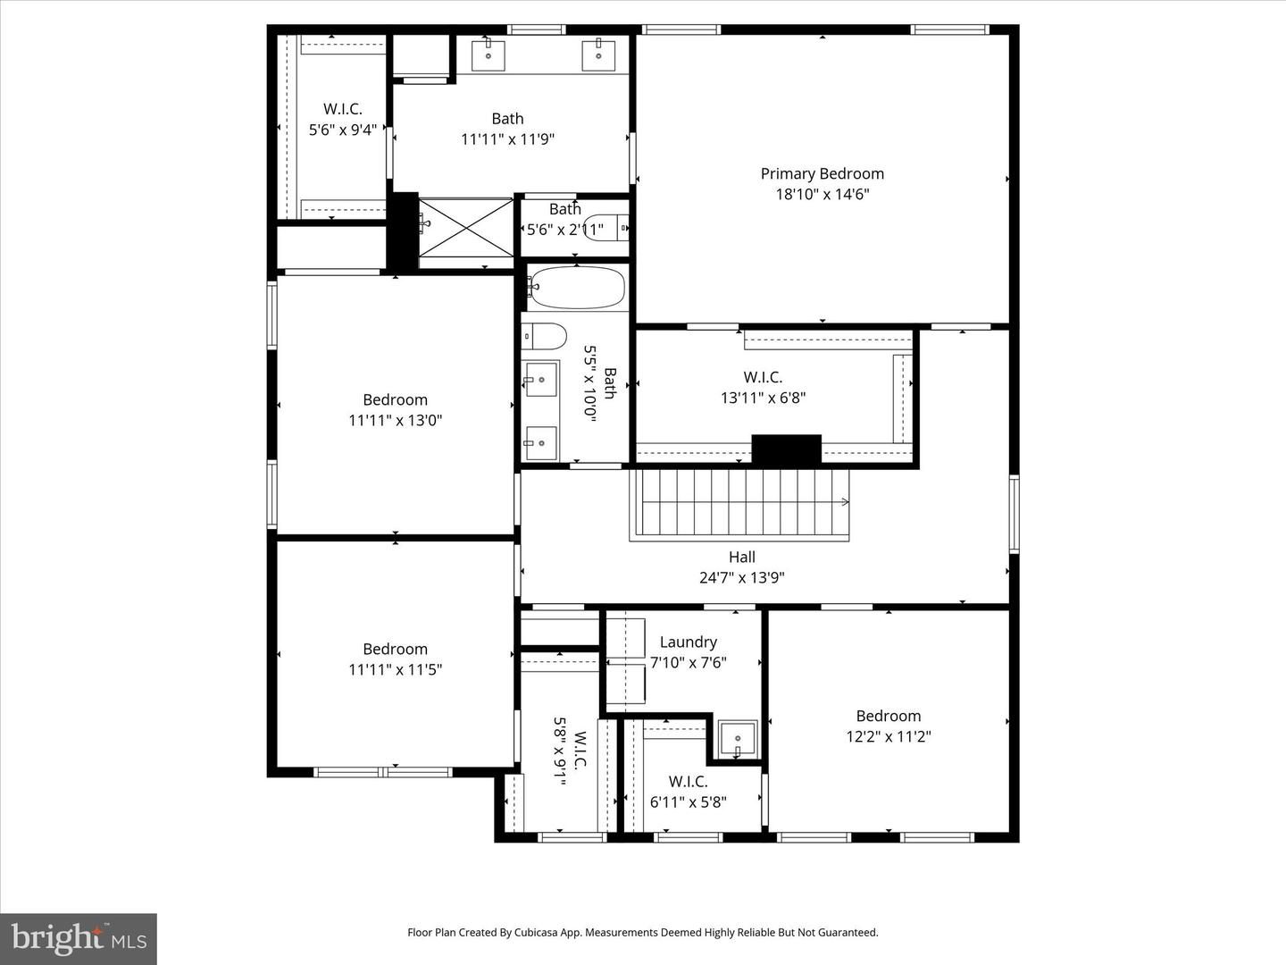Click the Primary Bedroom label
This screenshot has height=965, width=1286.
tap(822, 173)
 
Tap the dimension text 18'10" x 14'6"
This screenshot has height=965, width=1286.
tap(822, 194)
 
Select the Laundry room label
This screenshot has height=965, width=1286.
tap(688, 642)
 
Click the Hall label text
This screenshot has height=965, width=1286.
tap(741, 557)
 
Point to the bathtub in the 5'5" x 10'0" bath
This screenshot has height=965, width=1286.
tap(576, 287)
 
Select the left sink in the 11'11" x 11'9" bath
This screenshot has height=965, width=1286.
tap(489, 55)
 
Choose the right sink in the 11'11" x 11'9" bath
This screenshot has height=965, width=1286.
tap(598, 55)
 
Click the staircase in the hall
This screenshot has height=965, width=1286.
tap(739, 503)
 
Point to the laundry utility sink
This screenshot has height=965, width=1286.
tap(738, 739)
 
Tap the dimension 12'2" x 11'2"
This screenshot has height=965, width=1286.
tap(888, 736)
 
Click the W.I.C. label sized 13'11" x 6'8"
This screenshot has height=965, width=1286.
tap(763, 377)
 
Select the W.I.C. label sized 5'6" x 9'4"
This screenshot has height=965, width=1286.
tap(342, 109)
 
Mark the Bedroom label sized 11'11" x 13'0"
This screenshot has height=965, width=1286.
tap(395, 399)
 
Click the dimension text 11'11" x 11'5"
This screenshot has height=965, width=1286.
tap(395, 669)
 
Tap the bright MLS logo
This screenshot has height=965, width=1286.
tap(79, 938)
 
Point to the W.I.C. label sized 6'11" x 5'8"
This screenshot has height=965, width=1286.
tap(688, 782)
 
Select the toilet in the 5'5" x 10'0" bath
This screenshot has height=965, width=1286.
tap(545, 336)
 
